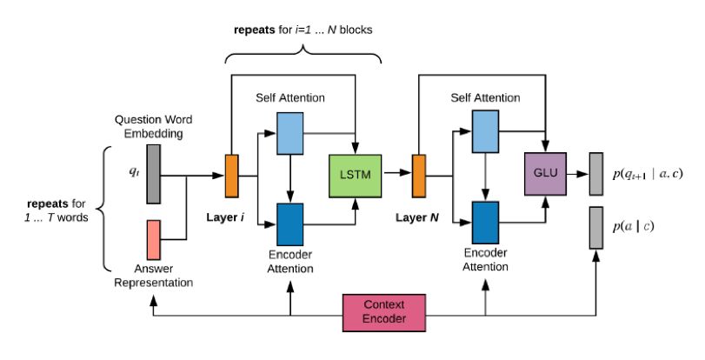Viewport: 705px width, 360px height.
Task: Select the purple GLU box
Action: (544, 174)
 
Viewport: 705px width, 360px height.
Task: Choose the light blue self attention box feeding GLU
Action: (484, 132)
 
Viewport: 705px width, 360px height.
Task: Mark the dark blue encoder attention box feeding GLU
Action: (484, 223)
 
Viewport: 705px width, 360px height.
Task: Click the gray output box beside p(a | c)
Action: (595, 227)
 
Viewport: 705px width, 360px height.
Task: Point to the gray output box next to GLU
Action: (595, 174)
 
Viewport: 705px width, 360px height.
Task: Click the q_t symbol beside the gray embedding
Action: (134, 171)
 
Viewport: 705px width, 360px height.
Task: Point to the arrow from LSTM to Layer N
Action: (396, 174)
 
